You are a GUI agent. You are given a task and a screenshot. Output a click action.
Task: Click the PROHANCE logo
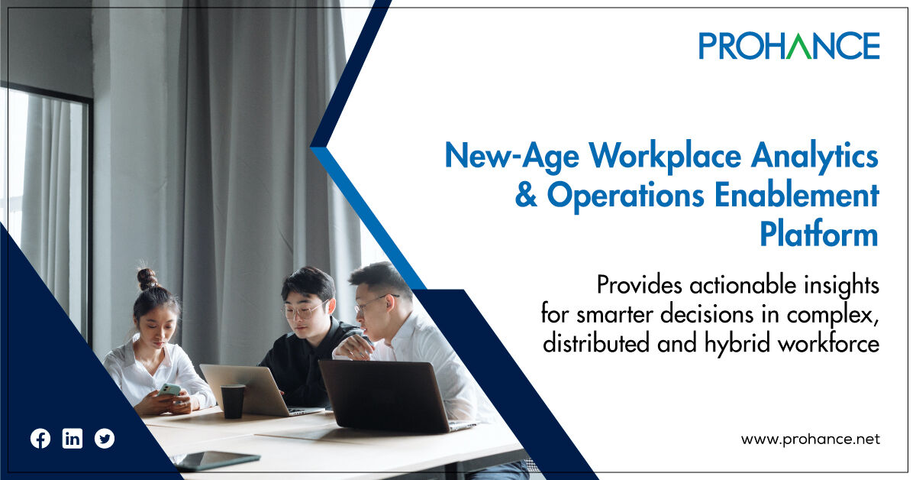(x=789, y=46)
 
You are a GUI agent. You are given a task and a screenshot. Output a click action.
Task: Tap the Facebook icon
(x=40, y=439)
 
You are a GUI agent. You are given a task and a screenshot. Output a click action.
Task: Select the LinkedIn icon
(x=73, y=439)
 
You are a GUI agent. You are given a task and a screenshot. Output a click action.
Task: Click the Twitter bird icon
(x=105, y=439)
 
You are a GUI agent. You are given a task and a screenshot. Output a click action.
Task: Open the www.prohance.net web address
(x=810, y=439)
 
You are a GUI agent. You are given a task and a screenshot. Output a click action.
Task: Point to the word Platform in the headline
(x=818, y=235)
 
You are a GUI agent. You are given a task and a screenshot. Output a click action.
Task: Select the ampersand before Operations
(x=527, y=196)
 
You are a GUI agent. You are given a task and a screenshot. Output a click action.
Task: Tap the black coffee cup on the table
(x=233, y=401)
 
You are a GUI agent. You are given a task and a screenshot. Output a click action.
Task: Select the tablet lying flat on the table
(x=217, y=460)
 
